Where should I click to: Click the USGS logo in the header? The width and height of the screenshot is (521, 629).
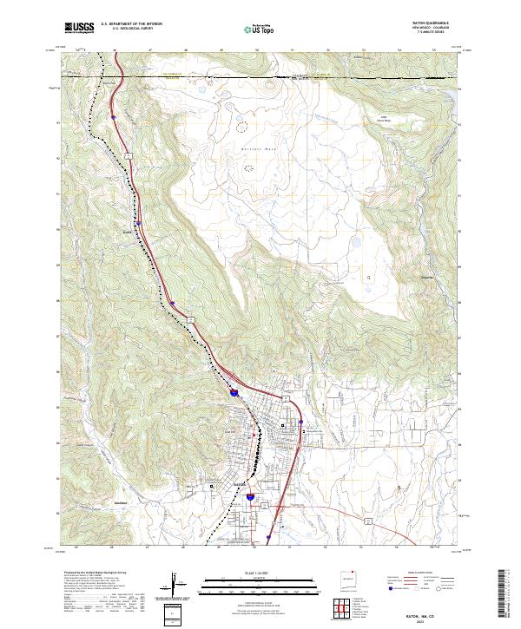point(79,28)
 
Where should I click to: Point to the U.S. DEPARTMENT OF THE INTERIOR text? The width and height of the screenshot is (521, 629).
point(131,24)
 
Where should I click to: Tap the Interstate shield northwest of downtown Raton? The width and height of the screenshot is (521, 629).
point(234,393)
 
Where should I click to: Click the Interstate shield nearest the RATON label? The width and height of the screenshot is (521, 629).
point(250,497)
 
